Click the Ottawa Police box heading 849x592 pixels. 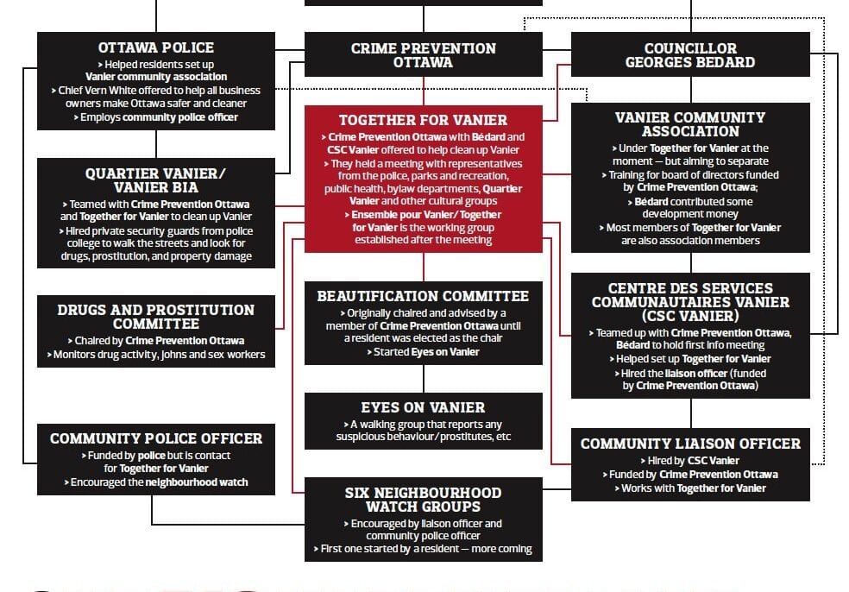(x=155, y=47)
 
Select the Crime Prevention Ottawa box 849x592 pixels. (x=423, y=55)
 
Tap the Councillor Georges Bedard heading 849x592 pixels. (x=690, y=55)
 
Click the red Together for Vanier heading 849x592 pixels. (x=423, y=120)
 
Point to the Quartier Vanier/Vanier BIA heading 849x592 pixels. (x=155, y=180)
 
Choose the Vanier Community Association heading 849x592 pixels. (x=690, y=124)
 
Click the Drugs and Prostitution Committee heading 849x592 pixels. (x=155, y=317)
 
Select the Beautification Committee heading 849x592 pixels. (x=423, y=296)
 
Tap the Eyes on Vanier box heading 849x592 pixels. (x=423, y=407)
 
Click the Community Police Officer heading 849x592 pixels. (x=155, y=438)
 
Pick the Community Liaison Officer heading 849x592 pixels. (x=690, y=444)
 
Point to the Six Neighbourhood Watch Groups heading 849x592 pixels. (x=423, y=500)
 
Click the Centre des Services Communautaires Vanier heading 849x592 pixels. (x=690, y=302)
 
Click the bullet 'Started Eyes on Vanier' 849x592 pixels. (x=423, y=352)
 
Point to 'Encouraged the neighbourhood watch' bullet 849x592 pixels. (x=155, y=482)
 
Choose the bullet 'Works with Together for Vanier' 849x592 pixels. (x=690, y=488)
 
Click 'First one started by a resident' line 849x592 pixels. (x=423, y=549)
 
